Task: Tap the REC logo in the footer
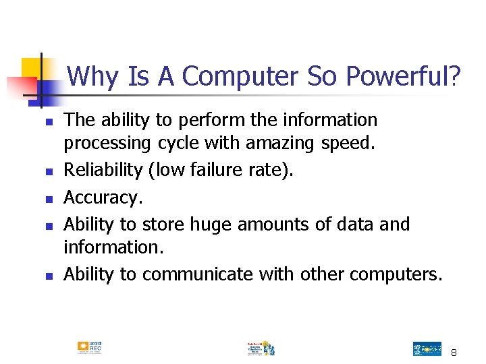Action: (x=89, y=348)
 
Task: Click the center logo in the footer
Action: (x=260, y=348)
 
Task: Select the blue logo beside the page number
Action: (x=427, y=348)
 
